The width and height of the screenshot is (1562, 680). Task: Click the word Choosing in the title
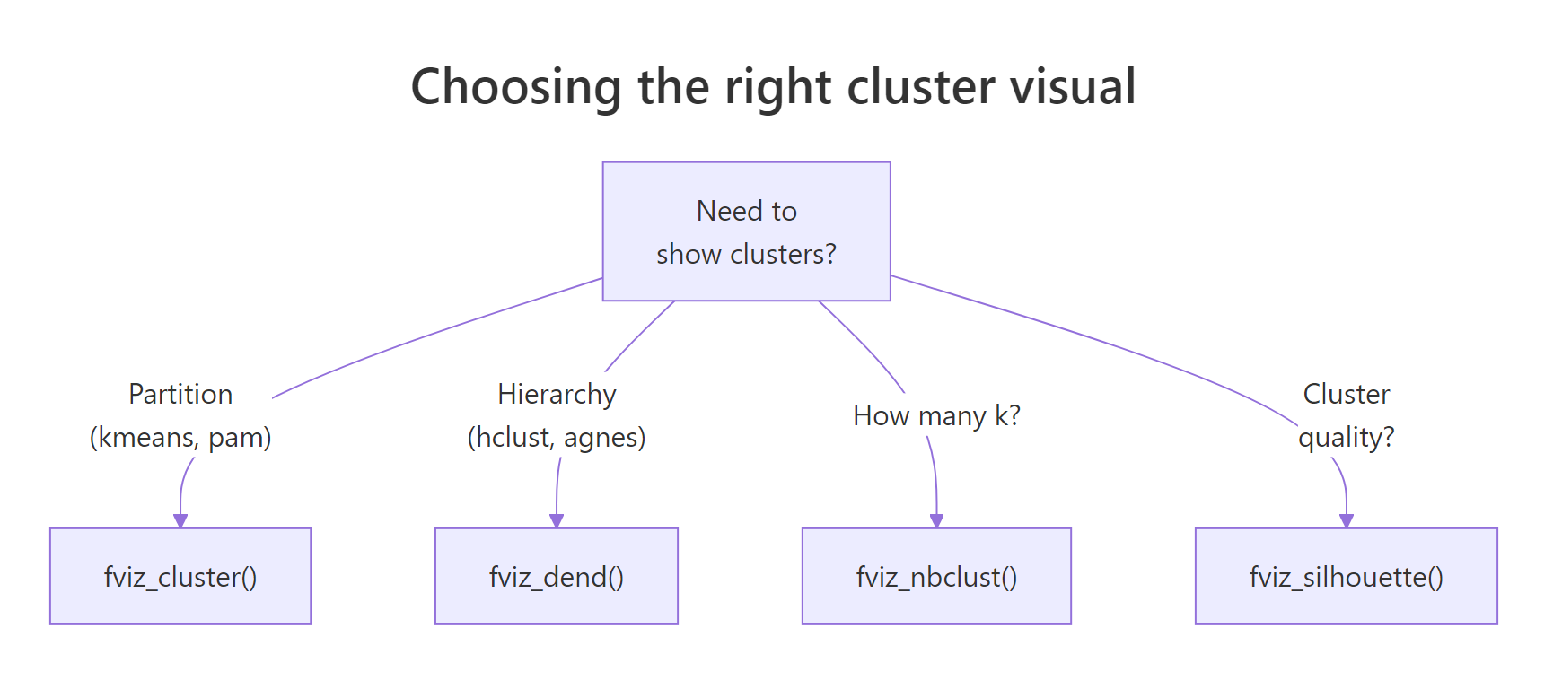point(515,88)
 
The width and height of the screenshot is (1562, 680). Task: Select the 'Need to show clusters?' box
point(746,231)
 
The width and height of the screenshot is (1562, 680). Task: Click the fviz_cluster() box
point(180,576)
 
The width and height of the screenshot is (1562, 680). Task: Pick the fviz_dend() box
point(557,576)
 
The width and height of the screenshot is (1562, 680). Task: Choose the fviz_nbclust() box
point(936,576)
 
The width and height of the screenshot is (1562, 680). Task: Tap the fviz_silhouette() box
point(1346,576)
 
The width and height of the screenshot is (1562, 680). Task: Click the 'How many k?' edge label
point(936,415)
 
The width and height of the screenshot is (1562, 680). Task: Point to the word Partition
point(180,394)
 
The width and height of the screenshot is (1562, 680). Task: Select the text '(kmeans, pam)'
point(180,437)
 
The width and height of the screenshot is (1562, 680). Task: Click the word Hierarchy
point(557,394)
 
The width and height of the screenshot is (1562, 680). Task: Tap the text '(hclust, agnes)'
point(557,437)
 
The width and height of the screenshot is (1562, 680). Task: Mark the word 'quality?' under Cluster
point(1346,437)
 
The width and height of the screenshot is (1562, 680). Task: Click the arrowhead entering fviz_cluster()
point(180,521)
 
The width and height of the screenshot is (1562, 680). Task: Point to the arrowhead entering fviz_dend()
point(557,521)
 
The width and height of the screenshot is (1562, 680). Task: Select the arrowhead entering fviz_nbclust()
point(936,521)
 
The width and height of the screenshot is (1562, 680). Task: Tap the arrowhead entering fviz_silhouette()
point(1346,521)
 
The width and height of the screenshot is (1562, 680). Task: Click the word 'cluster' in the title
point(920,88)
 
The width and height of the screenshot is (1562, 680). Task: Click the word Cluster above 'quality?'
point(1346,394)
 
